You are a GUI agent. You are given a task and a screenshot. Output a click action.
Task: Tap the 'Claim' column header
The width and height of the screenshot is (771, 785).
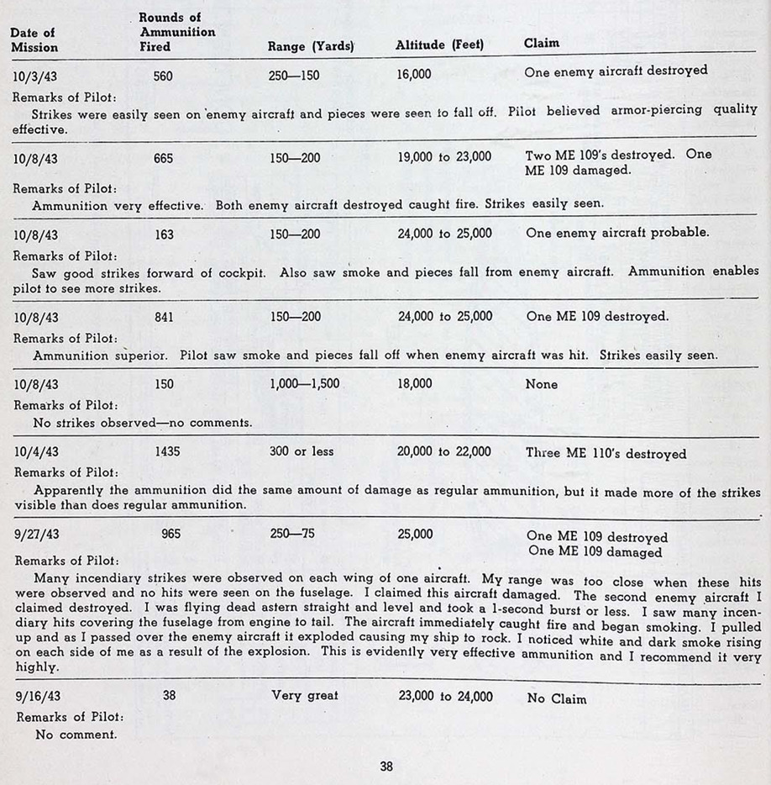(542, 43)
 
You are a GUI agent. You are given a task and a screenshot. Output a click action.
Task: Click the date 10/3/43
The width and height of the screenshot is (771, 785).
(36, 76)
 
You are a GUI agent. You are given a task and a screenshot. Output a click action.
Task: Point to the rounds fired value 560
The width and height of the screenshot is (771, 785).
(165, 76)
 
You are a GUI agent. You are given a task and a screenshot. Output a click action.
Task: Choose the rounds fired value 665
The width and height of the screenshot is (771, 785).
(165, 157)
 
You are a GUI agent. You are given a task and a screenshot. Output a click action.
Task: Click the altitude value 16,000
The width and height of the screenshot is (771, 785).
(414, 74)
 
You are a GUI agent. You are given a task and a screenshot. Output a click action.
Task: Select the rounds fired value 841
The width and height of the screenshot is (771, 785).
(165, 318)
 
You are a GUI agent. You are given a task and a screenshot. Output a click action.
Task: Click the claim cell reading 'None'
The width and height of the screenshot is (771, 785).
(541, 384)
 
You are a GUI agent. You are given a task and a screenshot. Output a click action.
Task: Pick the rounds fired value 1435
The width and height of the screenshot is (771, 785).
(168, 451)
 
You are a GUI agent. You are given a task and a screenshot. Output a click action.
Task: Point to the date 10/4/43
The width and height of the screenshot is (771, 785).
(36, 452)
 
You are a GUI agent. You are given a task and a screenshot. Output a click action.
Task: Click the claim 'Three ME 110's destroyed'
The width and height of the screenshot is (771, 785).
(606, 453)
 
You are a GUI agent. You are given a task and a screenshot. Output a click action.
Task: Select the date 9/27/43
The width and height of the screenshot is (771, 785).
(36, 535)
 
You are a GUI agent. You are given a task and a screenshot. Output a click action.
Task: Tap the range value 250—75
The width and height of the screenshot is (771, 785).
(291, 534)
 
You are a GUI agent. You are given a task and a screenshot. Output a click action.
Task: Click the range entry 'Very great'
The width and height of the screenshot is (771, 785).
(305, 696)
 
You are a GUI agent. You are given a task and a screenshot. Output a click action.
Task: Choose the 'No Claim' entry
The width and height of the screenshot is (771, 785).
(557, 698)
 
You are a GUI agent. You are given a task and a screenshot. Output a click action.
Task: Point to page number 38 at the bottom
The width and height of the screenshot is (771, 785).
(385, 766)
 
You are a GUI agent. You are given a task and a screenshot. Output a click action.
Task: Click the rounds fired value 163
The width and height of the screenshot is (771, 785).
(165, 234)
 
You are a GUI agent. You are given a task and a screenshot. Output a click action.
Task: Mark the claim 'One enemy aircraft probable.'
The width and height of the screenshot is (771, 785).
(617, 233)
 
